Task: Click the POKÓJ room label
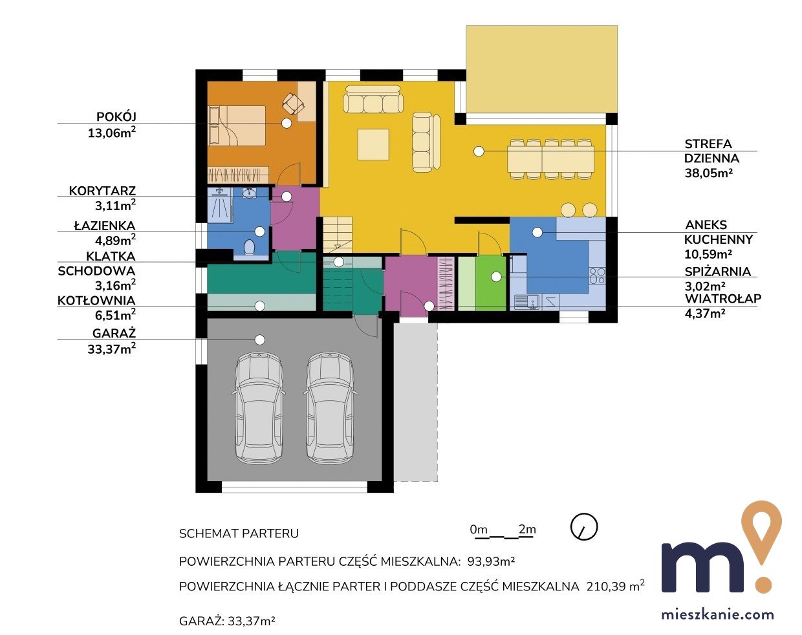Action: (116, 117)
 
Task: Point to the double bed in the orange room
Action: (237, 125)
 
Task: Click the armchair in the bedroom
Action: (293, 103)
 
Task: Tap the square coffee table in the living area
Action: (373, 144)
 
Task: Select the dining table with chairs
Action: (551, 159)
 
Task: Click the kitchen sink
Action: (527, 302)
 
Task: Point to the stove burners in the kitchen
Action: (597, 275)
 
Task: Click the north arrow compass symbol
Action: (584, 527)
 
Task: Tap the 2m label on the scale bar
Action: (527, 529)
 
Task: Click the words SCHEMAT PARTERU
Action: (239, 533)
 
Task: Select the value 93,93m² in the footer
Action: (491, 561)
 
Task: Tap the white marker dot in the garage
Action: (260, 339)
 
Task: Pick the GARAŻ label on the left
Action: (114, 333)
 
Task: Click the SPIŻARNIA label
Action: (717, 272)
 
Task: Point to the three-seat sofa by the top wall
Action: (373, 99)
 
